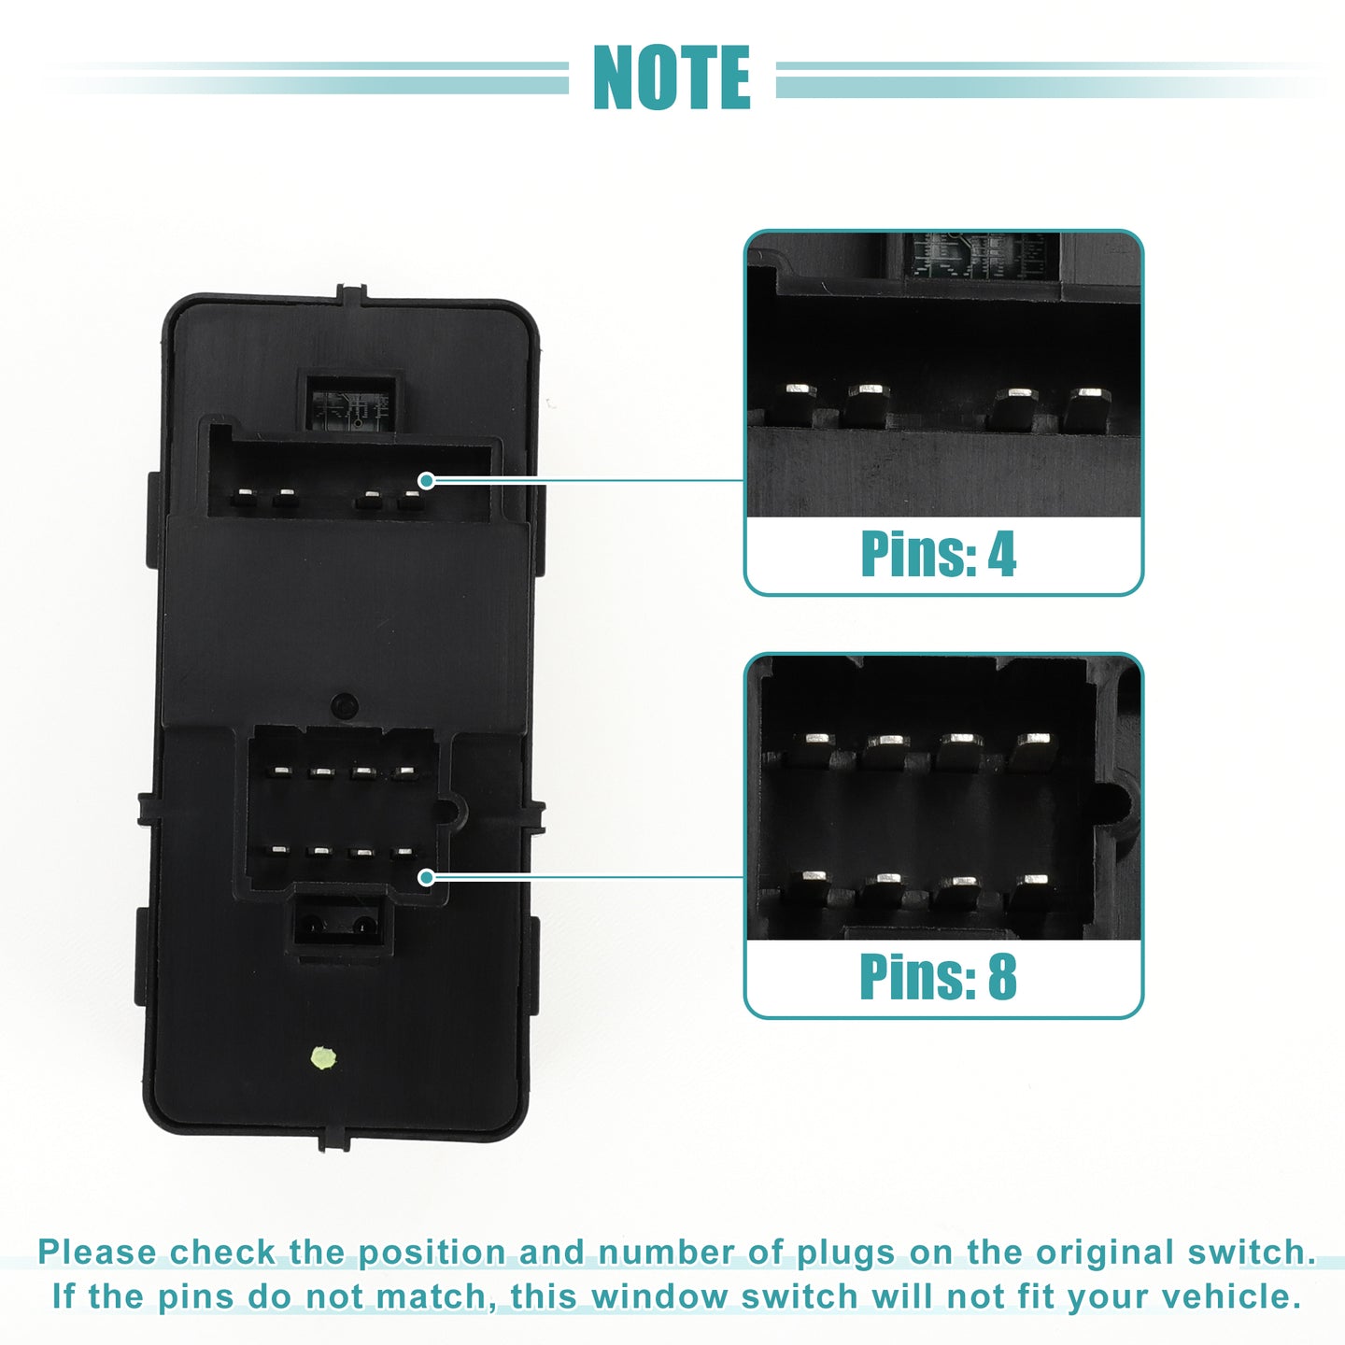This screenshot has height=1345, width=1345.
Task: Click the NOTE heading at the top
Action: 672,77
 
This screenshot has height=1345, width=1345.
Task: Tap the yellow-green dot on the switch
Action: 323,1057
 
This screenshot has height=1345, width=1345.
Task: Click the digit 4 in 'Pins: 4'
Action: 1001,554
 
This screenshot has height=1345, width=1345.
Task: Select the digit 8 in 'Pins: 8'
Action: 1002,976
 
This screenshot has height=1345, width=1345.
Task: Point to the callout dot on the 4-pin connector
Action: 427,480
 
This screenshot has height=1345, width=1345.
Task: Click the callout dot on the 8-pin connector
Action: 427,877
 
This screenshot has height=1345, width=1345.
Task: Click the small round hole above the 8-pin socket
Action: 344,705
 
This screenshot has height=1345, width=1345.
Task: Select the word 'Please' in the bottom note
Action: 97,1253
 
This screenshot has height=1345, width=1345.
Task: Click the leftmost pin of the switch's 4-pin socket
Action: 244,499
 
